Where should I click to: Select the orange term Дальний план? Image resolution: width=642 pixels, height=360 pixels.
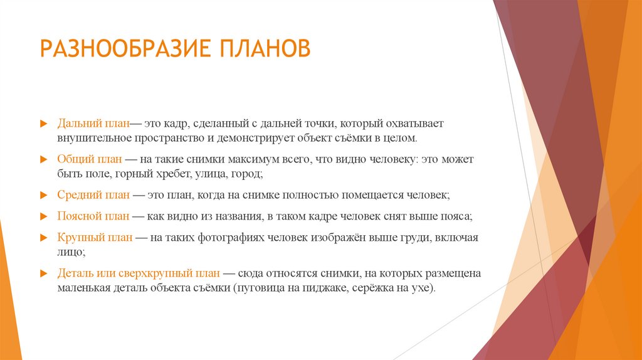click(92, 124)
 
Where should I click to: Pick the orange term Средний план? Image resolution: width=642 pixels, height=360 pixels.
click(93, 196)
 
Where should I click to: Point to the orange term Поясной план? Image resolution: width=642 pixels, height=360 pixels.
click(93, 216)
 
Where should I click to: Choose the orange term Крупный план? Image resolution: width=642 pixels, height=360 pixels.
click(93, 237)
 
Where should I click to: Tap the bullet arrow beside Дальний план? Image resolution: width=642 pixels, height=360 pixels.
click(43, 124)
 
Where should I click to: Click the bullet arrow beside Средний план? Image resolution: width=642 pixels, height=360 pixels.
click(43, 196)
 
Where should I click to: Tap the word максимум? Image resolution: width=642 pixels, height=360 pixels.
click(254, 160)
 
